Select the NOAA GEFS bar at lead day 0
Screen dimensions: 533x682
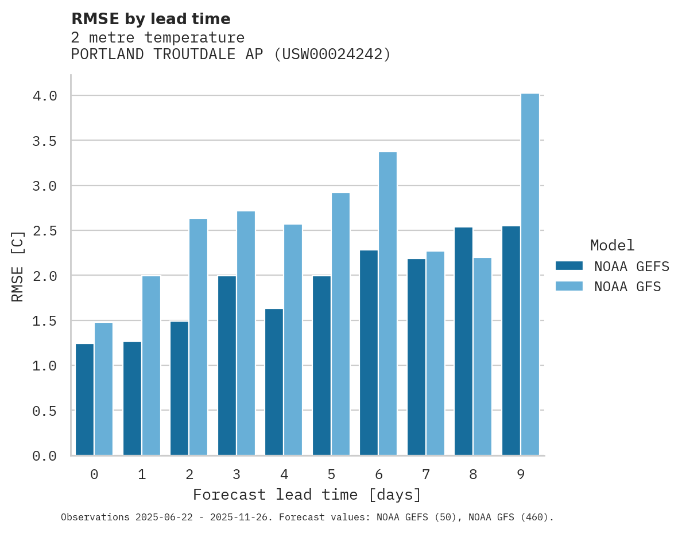(x=84, y=399)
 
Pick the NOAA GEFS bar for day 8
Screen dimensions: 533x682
(x=463, y=341)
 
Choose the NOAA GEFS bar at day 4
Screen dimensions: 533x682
(x=274, y=382)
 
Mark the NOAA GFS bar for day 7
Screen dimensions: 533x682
(x=435, y=353)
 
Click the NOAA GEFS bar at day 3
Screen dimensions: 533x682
(x=227, y=365)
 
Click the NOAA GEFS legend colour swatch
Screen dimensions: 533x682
(x=569, y=266)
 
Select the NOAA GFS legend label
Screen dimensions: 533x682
(x=627, y=287)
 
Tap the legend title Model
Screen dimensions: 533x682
(x=612, y=245)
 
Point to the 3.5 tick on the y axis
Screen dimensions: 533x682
(x=45, y=141)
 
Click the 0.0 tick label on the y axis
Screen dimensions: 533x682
(x=45, y=456)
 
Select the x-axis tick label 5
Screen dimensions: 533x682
(x=331, y=474)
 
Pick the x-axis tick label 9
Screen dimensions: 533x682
(x=521, y=474)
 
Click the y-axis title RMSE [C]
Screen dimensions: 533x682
(x=18, y=265)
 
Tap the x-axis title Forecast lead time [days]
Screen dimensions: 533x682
(x=307, y=495)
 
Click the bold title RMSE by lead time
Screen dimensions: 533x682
(x=150, y=19)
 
